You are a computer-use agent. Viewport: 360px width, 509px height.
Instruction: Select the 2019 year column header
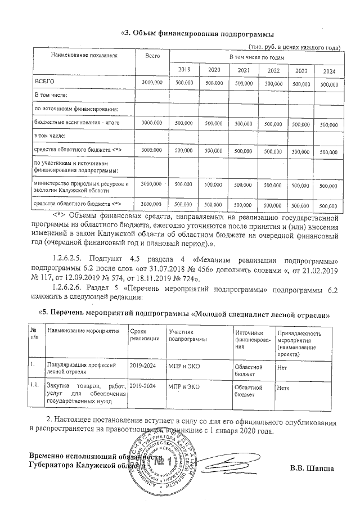click(x=184, y=70)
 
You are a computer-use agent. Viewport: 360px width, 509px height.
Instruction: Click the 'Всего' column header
click(x=152, y=57)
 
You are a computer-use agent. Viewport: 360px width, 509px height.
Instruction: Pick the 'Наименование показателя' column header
click(x=84, y=57)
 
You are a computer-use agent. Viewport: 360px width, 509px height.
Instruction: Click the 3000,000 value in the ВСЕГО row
click(x=152, y=83)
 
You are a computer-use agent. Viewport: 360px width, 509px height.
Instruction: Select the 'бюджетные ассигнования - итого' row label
click(x=73, y=122)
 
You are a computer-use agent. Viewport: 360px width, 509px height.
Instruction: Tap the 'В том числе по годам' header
click(x=255, y=58)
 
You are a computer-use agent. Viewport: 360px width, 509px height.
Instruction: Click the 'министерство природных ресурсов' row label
click(x=82, y=187)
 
